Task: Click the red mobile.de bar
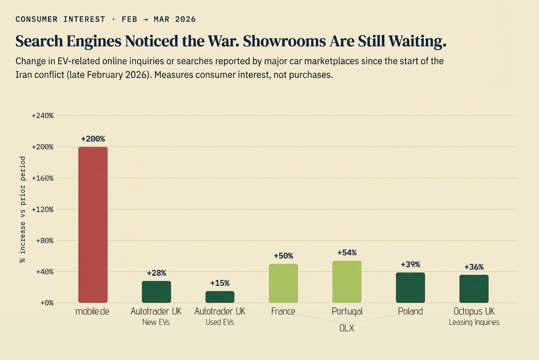click(93, 225)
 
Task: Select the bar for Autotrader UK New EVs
click(156, 292)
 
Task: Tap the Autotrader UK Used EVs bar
click(220, 297)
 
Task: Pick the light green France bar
click(283, 283)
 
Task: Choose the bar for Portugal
click(347, 281)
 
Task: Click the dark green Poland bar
click(410, 288)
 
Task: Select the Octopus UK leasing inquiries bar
click(474, 289)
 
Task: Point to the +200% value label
click(93, 139)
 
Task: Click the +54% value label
click(347, 253)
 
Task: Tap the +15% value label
click(220, 283)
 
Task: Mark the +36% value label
click(474, 267)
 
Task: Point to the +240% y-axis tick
click(43, 116)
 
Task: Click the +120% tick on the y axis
click(43, 209)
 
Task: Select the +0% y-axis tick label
click(46, 303)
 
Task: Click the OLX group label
click(347, 328)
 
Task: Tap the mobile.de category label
click(92, 312)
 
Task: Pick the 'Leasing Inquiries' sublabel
click(474, 322)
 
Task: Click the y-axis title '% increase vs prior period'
click(22, 209)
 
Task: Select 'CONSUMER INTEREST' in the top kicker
click(60, 19)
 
